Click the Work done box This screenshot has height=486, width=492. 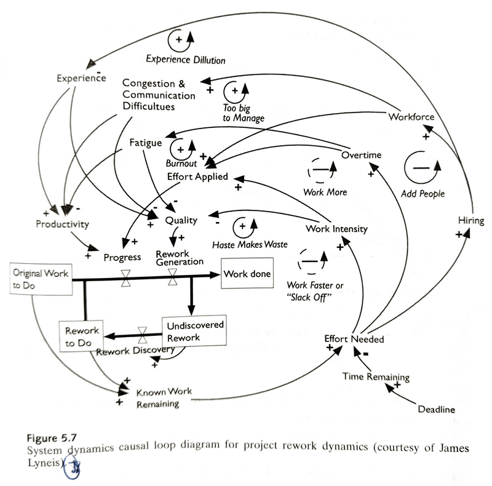pos(247,274)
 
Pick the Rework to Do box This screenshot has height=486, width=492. pos(80,335)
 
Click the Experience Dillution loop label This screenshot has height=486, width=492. pos(186,60)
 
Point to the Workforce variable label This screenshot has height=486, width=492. pos(411,117)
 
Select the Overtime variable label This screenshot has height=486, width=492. pos(361,154)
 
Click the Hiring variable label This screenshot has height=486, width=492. pos(471,221)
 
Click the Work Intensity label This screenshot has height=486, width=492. pos(336,229)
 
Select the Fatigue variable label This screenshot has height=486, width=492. pos(146,143)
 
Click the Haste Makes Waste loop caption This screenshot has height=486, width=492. pos(250,244)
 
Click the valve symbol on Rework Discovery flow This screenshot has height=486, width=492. pos(143,335)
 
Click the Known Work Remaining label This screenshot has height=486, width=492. pos(157,397)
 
